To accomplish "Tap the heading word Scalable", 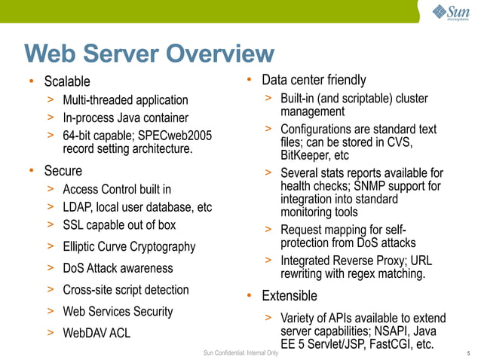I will click(66, 81).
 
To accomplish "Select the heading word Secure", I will click(63, 171).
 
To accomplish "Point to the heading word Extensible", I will click(290, 295).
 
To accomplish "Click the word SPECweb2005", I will click(178, 136).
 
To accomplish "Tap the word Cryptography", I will click(158, 246).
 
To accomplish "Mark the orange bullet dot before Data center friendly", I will click(250, 80).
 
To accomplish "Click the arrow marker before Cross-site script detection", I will click(50, 289).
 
